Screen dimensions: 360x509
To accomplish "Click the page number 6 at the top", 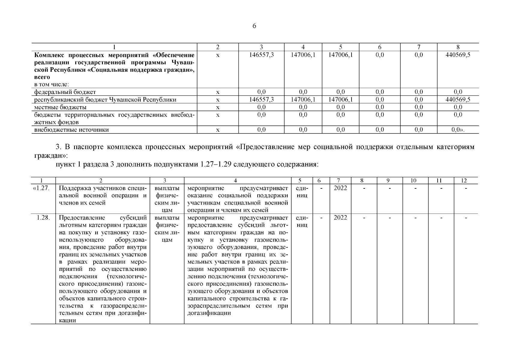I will [254, 26].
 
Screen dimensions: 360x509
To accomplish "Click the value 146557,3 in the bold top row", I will [261, 55].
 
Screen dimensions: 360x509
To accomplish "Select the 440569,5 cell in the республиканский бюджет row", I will [458, 100].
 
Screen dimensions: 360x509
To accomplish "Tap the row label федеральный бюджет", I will [65, 92].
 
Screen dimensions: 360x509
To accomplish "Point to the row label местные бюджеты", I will [61, 107].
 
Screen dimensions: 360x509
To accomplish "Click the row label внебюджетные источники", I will [71, 130].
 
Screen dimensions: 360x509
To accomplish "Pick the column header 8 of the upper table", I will [458, 47].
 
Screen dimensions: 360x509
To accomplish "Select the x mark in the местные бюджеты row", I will [218, 107].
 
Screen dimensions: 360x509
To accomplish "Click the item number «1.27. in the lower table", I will [43, 188].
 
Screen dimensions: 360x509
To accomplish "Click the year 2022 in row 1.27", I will [340, 188].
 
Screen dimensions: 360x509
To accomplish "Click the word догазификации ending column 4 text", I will [209, 313].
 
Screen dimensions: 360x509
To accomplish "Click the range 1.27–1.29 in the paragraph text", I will [215, 165].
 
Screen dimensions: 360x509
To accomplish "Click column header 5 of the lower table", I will [301, 181].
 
